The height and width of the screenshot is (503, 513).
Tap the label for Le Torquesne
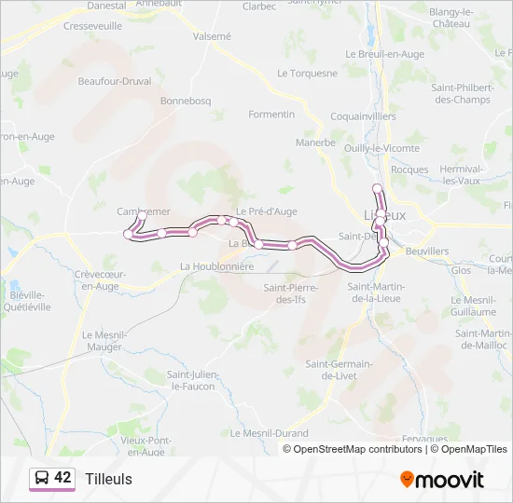pyautogui.click(x=307, y=73)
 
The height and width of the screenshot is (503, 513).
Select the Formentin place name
pyautogui.click(x=271, y=115)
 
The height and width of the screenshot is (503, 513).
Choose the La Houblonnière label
pyautogui.click(x=216, y=266)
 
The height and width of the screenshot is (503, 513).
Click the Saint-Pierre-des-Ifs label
pyautogui.click(x=291, y=293)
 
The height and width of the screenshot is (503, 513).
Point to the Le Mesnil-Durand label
pyautogui.click(x=269, y=433)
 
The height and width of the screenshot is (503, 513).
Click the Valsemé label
pyautogui.click(x=212, y=36)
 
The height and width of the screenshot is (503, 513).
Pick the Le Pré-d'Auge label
pyautogui.click(x=266, y=211)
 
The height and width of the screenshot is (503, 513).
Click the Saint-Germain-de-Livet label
pyautogui.click(x=340, y=370)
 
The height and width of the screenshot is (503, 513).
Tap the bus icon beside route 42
pyautogui.click(x=42, y=479)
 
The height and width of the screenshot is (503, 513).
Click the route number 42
pyautogui.click(x=62, y=478)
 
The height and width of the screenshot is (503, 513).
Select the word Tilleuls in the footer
pyautogui.click(x=108, y=479)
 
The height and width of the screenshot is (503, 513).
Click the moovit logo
pyautogui.click(x=442, y=480)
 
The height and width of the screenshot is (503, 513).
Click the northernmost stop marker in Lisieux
pyautogui.click(x=378, y=189)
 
